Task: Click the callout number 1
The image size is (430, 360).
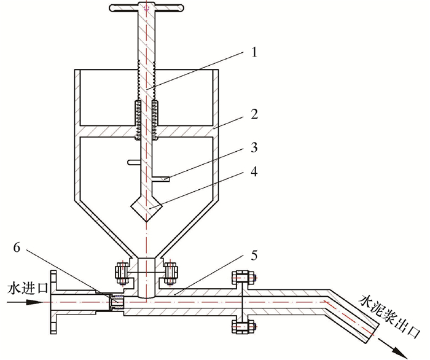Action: [254, 52]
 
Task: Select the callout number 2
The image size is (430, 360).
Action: [254, 114]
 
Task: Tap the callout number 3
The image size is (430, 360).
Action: [254, 147]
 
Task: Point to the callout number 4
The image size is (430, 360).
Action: [254, 171]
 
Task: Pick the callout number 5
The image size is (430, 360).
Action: [254, 256]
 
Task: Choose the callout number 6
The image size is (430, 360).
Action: [17, 248]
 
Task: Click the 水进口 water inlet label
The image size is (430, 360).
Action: [28, 289]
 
